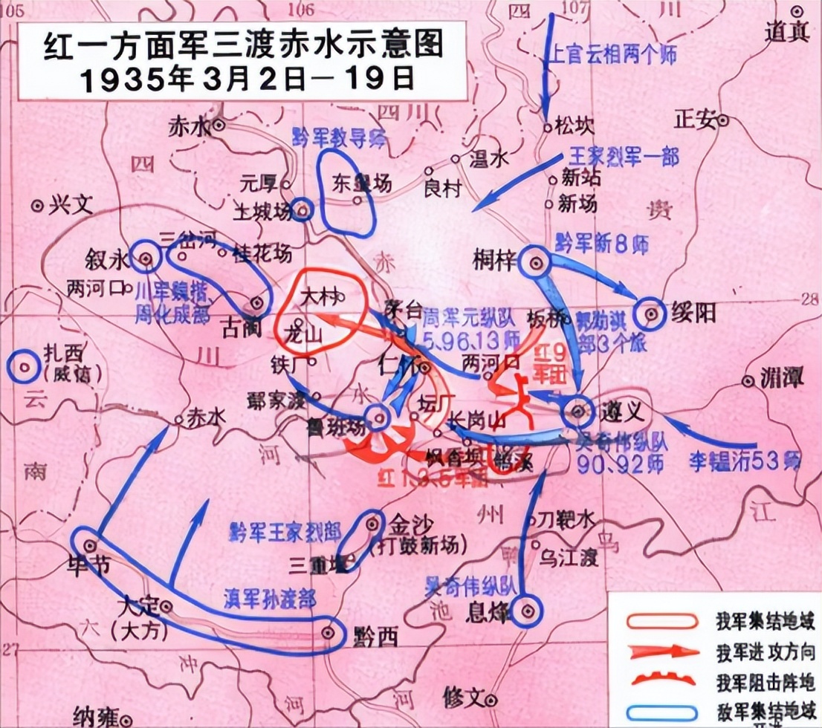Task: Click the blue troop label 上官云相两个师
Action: (613, 55)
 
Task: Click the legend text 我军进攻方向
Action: (766, 653)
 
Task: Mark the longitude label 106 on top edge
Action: (300, 8)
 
